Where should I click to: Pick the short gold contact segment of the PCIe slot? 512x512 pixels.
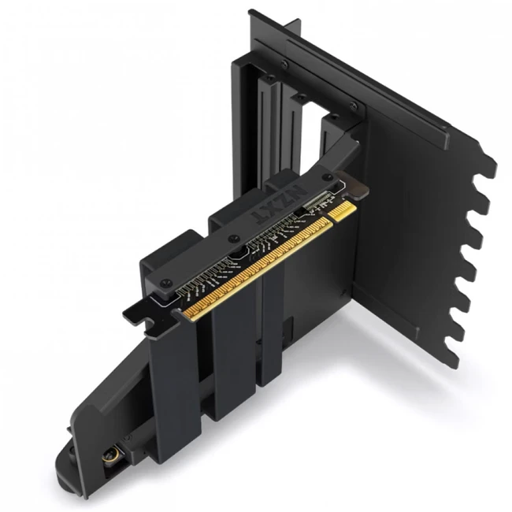[343, 211]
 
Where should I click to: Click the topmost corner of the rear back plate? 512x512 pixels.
[251, 12]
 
